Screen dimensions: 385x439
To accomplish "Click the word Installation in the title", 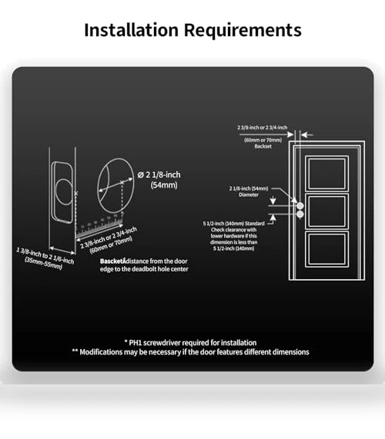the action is (x=131, y=30).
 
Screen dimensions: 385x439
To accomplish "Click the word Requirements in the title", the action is (x=243, y=31).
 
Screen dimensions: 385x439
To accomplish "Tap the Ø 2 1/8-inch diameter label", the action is (x=159, y=175).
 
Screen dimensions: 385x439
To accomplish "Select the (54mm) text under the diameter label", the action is (x=164, y=185).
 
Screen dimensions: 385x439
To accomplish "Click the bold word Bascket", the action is (x=112, y=261).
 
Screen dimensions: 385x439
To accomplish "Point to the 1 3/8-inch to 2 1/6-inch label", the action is (x=45, y=255).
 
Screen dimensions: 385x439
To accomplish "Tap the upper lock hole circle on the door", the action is (x=300, y=206).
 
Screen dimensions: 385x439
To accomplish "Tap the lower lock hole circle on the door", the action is (x=300, y=215).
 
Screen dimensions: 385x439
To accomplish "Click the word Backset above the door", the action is (x=263, y=146).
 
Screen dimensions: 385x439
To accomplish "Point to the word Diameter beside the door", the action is (x=249, y=195).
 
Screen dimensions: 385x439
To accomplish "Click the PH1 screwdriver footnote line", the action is (x=190, y=343).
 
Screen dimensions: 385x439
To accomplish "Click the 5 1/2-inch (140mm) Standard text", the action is (x=233, y=224).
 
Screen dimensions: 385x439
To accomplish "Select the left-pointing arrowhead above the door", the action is (x=304, y=135).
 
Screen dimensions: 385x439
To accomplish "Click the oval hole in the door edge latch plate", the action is (x=63, y=192).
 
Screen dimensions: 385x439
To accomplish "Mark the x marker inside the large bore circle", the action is (x=122, y=182).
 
